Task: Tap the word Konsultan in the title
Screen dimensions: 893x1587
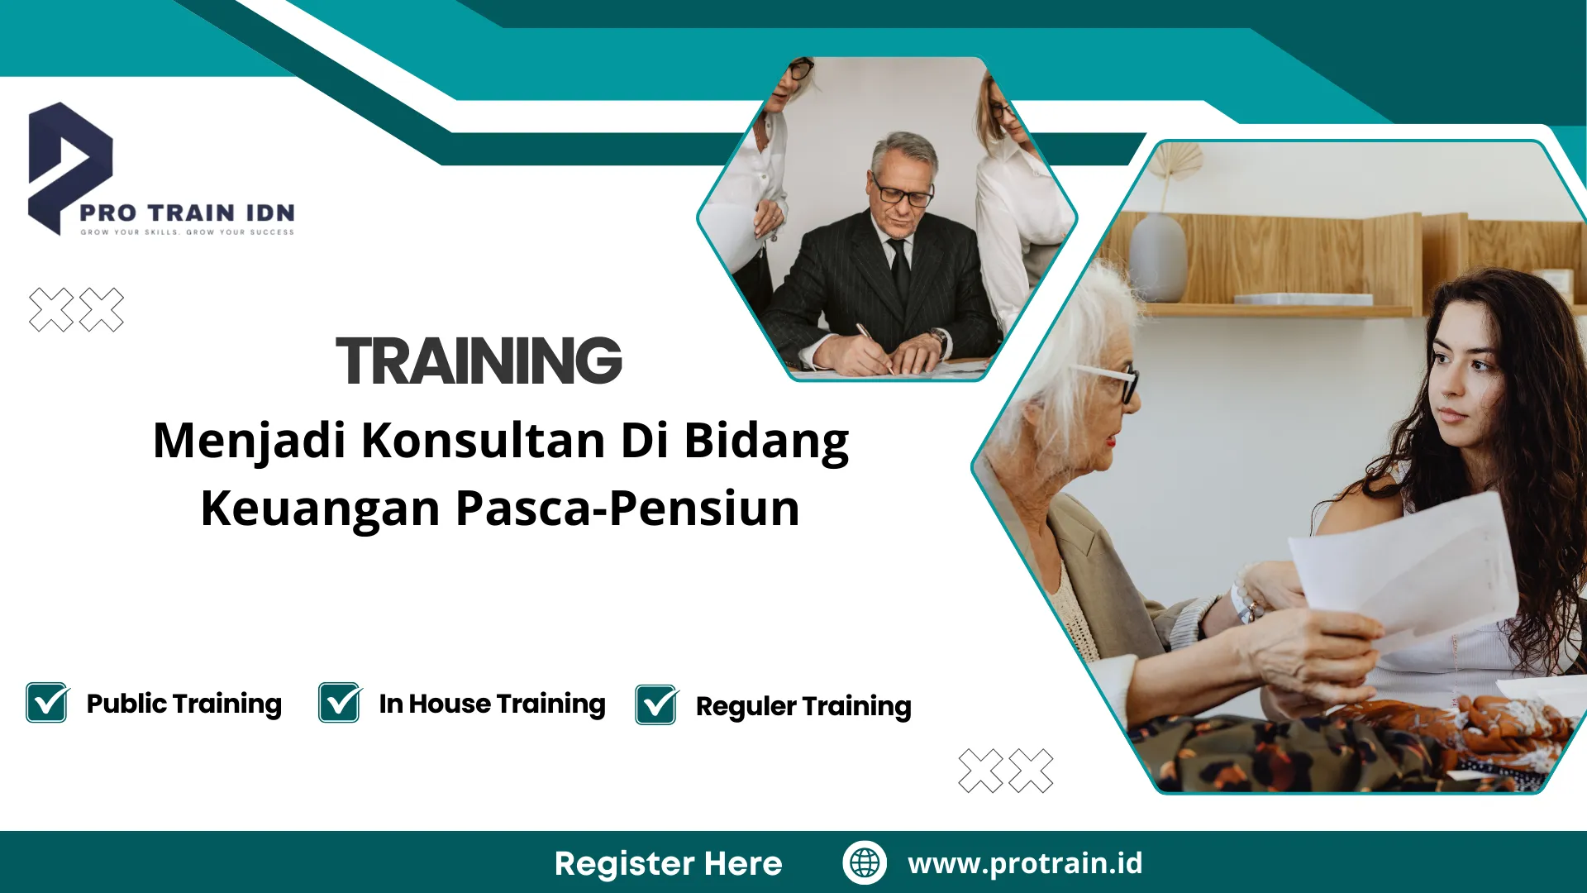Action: coord(483,440)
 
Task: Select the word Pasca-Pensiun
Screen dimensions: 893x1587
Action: coord(627,508)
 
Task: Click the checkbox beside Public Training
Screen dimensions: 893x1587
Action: coord(46,703)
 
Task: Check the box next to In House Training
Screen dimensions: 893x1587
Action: coord(339,703)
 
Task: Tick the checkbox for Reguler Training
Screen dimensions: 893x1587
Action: coord(656,705)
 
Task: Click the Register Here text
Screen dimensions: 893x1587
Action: coord(668,863)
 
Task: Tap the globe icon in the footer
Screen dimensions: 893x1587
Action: coord(865,862)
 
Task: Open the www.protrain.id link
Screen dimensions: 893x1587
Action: coord(1025,863)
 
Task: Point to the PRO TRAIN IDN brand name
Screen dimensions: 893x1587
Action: coord(187,213)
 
